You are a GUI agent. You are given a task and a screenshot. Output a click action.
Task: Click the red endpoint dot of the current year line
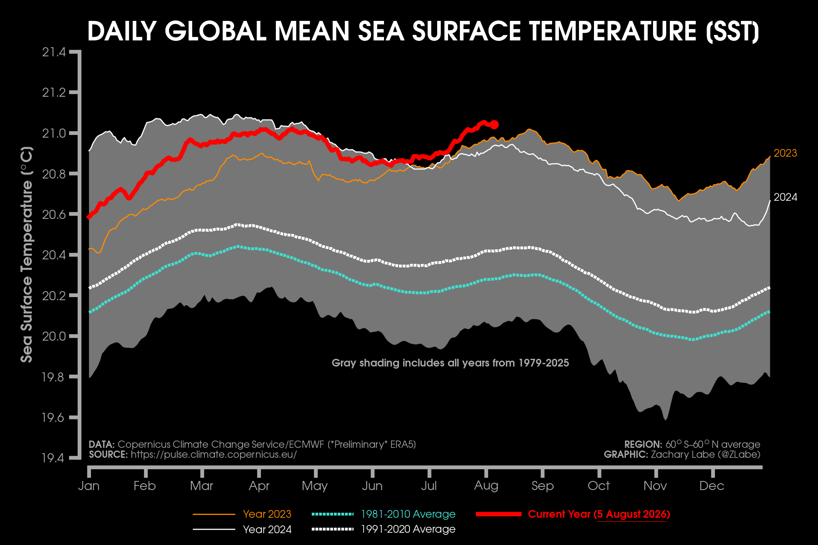click(494, 124)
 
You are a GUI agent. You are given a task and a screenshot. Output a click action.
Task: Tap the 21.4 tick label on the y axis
click(54, 52)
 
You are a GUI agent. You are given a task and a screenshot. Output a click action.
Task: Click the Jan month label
click(89, 486)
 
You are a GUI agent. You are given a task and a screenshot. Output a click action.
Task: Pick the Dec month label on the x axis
click(712, 486)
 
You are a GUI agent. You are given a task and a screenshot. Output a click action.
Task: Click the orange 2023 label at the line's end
click(785, 153)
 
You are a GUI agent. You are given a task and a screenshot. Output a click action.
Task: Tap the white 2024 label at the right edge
click(785, 197)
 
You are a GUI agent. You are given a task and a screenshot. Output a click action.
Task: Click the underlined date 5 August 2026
click(632, 514)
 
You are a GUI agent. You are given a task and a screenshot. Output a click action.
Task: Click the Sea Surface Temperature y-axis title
click(27, 254)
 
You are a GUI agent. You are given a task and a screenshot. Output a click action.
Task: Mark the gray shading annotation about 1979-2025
click(450, 363)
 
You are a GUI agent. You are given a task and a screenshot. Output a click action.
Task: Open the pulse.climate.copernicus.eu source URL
click(214, 455)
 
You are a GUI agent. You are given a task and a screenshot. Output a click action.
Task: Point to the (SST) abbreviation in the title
click(733, 31)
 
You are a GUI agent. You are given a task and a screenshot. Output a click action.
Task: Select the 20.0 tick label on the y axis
click(54, 336)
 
